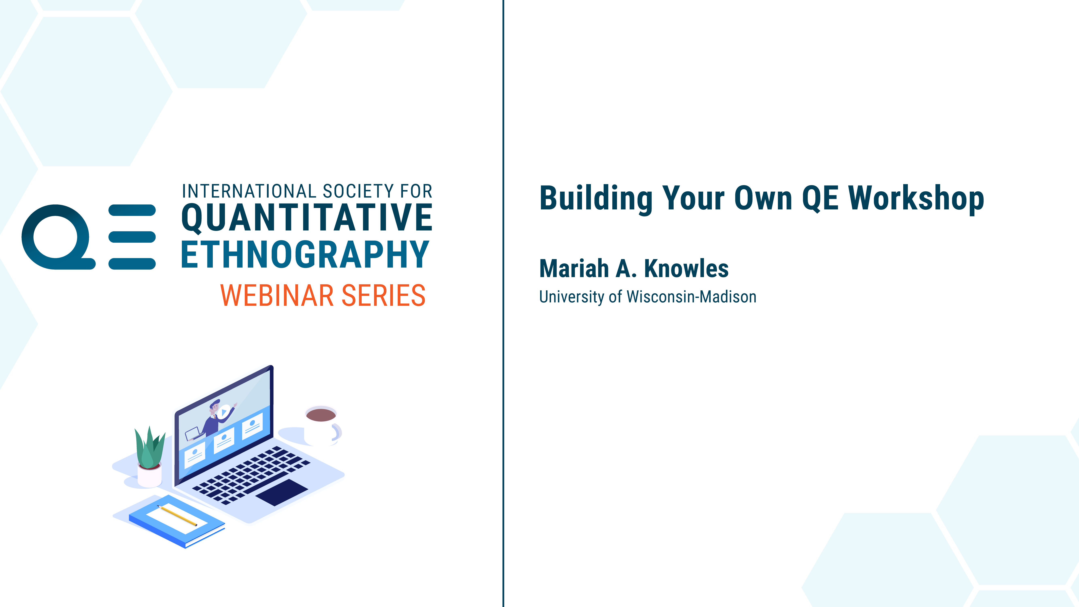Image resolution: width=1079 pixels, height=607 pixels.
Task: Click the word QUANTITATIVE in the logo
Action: tap(307, 218)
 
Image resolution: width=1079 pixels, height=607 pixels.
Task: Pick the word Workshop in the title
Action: tap(916, 199)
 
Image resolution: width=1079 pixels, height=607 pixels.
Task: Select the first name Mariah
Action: tap(574, 268)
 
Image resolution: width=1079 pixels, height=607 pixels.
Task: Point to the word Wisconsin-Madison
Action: tap(692, 297)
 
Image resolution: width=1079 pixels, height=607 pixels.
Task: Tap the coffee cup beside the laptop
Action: tap(322, 425)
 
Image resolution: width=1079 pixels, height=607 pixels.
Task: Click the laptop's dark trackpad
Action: tap(282, 492)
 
